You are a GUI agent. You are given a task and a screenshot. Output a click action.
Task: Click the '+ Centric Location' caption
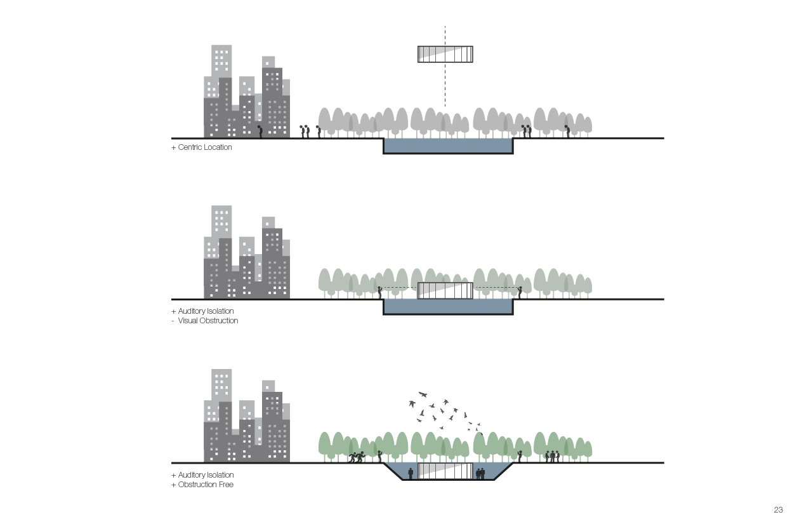pyautogui.click(x=202, y=147)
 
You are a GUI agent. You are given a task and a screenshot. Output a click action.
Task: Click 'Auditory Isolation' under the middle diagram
pyautogui.click(x=206, y=311)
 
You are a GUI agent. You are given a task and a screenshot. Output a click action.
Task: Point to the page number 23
pyautogui.click(x=778, y=510)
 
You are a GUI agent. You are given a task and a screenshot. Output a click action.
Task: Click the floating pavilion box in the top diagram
pyautogui.click(x=445, y=54)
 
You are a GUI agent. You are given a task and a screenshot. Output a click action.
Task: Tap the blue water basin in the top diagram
pyautogui.click(x=448, y=146)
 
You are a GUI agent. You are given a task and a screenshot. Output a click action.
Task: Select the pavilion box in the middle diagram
pyautogui.click(x=445, y=290)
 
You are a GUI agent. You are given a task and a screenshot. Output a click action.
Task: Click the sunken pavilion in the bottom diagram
pyautogui.click(x=445, y=471)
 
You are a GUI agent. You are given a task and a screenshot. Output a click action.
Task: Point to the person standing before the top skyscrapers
pyautogui.click(x=260, y=131)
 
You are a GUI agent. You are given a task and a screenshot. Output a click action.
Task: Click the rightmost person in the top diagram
pyautogui.click(x=568, y=131)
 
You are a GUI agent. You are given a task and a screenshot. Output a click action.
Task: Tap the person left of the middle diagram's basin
pyautogui.click(x=379, y=292)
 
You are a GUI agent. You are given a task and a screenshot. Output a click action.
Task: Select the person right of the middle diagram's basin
pyautogui.click(x=519, y=292)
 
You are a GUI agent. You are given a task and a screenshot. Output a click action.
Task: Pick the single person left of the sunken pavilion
pyautogui.click(x=411, y=473)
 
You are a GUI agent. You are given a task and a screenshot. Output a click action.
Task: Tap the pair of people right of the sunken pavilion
pyautogui.click(x=480, y=473)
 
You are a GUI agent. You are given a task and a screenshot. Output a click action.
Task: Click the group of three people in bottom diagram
pyautogui.click(x=552, y=455)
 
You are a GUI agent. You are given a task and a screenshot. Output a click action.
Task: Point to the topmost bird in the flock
pyautogui.click(x=423, y=394)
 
